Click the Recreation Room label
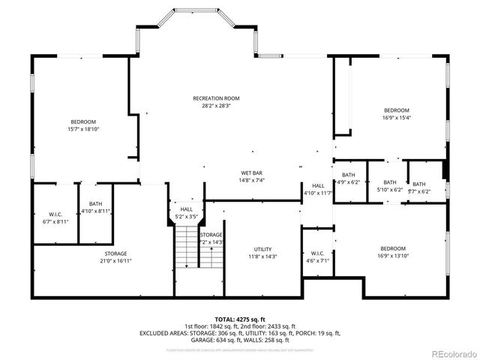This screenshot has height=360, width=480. point(216,98)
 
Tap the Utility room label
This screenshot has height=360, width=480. point(262,249)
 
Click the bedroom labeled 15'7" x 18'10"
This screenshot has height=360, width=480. point(83,122)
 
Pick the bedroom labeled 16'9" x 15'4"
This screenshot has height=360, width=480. point(397,109)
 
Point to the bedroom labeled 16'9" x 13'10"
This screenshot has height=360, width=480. point(392,248)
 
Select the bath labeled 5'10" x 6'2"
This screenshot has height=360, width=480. point(390,182)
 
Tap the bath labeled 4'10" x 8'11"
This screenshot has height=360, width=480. point(95,203)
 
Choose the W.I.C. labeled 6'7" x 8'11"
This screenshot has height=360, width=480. point(54,214)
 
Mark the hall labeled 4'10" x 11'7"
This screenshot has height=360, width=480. point(318,185)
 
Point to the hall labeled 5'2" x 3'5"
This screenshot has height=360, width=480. point(186,210)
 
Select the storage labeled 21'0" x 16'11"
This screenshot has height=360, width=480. point(115,253)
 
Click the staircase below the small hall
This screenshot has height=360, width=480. point(189,247)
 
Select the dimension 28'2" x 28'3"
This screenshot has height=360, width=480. point(216,106)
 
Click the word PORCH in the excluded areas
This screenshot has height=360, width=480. point(304,333)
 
